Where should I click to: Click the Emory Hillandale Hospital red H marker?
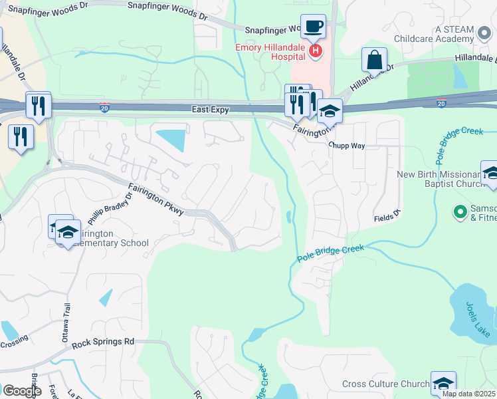(316, 50)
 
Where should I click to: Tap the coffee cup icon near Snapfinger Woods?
(313, 27)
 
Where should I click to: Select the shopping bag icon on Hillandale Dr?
(374, 60)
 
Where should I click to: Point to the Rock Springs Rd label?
(103, 342)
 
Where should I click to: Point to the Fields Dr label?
(387, 217)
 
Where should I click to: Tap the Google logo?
(22, 390)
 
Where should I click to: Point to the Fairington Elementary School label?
(106, 239)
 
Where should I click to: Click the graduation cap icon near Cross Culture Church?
(443, 383)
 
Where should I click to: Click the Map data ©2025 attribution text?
(469, 394)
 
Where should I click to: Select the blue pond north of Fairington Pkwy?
(172, 140)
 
